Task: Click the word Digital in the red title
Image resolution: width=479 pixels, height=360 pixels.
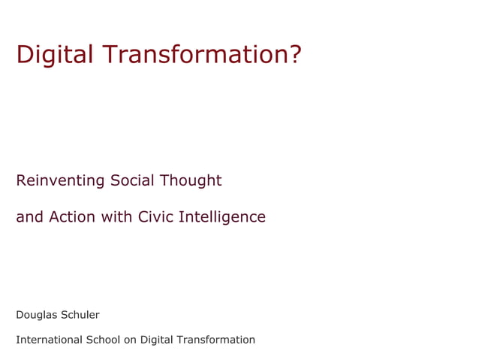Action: [55, 55]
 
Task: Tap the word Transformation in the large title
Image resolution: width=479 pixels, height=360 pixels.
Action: [194, 55]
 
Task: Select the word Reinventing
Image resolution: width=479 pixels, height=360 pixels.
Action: [60, 181]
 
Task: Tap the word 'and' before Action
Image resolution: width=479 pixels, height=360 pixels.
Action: [29, 217]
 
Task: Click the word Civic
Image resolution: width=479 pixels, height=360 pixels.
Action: [155, 217]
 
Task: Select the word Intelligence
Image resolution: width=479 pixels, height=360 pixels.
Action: [222, 218]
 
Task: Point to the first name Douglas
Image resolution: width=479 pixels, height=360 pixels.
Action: [37, 315]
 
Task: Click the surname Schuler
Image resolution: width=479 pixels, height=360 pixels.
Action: [80, 315]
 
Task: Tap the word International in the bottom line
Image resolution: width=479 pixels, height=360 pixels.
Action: [50, 340]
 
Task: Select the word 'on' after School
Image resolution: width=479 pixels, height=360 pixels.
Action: [130, 340]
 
